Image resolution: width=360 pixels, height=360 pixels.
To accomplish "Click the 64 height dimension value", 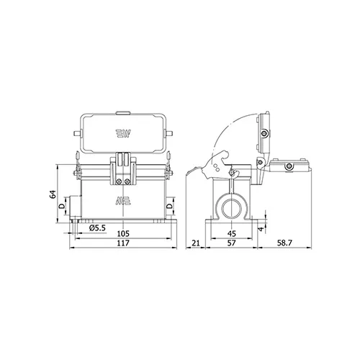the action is pyautogui.click(x=53, y=194).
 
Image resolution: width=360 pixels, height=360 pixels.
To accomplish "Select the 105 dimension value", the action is pyautogui.click(x=123, y=233).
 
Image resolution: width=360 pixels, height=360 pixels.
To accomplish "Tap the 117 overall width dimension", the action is pyautogui.click(x=123, y=243).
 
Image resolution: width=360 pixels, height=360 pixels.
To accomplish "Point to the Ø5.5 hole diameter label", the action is pyautogui.click(x=97, y=228).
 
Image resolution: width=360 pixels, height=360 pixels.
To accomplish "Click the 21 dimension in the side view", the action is pyautogui.click(x=196, y=243).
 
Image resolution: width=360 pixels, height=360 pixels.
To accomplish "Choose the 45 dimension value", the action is pyautogui.click(x=232, y=233).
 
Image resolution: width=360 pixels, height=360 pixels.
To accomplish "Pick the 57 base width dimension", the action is pyautogui.click(x=232, y=243).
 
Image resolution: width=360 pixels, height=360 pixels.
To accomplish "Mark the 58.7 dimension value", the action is pyautogui.click(x=284, y=243).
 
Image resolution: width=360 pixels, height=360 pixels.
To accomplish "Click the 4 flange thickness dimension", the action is pyautogui.click(x=261, y=228).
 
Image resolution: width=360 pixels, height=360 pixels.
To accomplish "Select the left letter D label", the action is pyautogui.click(x=62, y=206).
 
